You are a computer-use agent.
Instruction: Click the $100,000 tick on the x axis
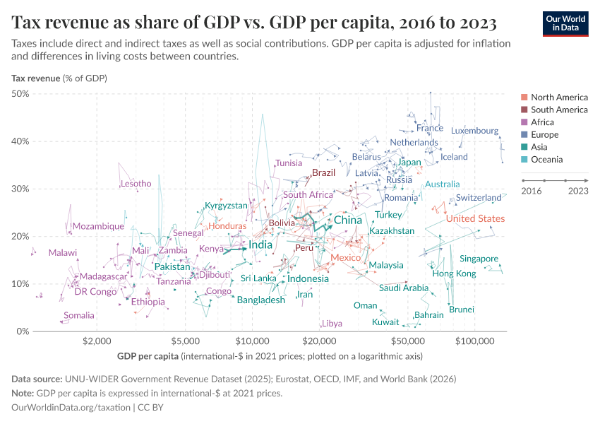pyautogui.click(x=474, y=341)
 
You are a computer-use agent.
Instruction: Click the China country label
pyautogui.click(x=347, y=220)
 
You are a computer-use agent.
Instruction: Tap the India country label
pyautogui.click(x=260, y=245)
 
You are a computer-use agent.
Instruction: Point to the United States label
pyautogui.click(x=475, y=218)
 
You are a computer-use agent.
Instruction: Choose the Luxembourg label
pyautogui.click(x=474, y=131)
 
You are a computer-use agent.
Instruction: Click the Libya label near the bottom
pyautogui.click(x=332, y=324)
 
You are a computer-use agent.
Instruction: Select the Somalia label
pyautogui.click(x=78, y=316)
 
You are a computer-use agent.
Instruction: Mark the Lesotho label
pyautogui.click(x=136, y=184)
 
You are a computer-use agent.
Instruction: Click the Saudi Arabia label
pyautogui.click(x=403, y=288)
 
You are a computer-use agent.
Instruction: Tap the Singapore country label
pyautogui.click(x=479, y=259)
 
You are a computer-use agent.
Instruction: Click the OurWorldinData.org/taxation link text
pyautogui.click(x=71, y=408)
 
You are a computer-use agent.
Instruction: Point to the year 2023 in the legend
pyautogui.click(x=578, y=191)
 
